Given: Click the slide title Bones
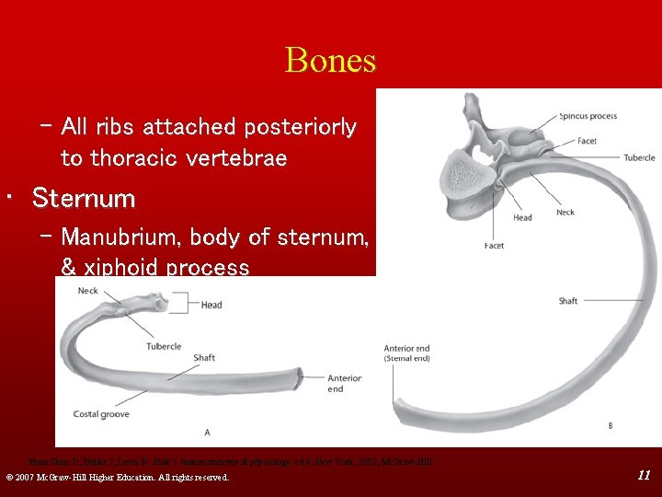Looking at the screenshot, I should tap(331, 61).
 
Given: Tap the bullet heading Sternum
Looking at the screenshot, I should tap(84, 198).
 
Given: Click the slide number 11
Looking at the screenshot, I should tap(644, 475).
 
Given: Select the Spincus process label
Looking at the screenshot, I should tap(588, 117).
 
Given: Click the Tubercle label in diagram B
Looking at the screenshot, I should tap(639, 157).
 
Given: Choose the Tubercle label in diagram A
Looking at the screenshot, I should tap(164, 346).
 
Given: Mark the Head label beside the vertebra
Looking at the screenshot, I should tap(522, 217).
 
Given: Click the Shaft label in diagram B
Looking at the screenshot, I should tap(568, 301).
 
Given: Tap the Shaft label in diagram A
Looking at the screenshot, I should tap(204, 358).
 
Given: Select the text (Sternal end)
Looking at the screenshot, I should tap(405, 359).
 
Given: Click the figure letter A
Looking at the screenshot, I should tap(207, 432).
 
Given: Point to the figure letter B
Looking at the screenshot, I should tap(611, 425).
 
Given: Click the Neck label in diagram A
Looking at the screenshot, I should tap(88, 291).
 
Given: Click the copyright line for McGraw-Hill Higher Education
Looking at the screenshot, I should tap(117, 477).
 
